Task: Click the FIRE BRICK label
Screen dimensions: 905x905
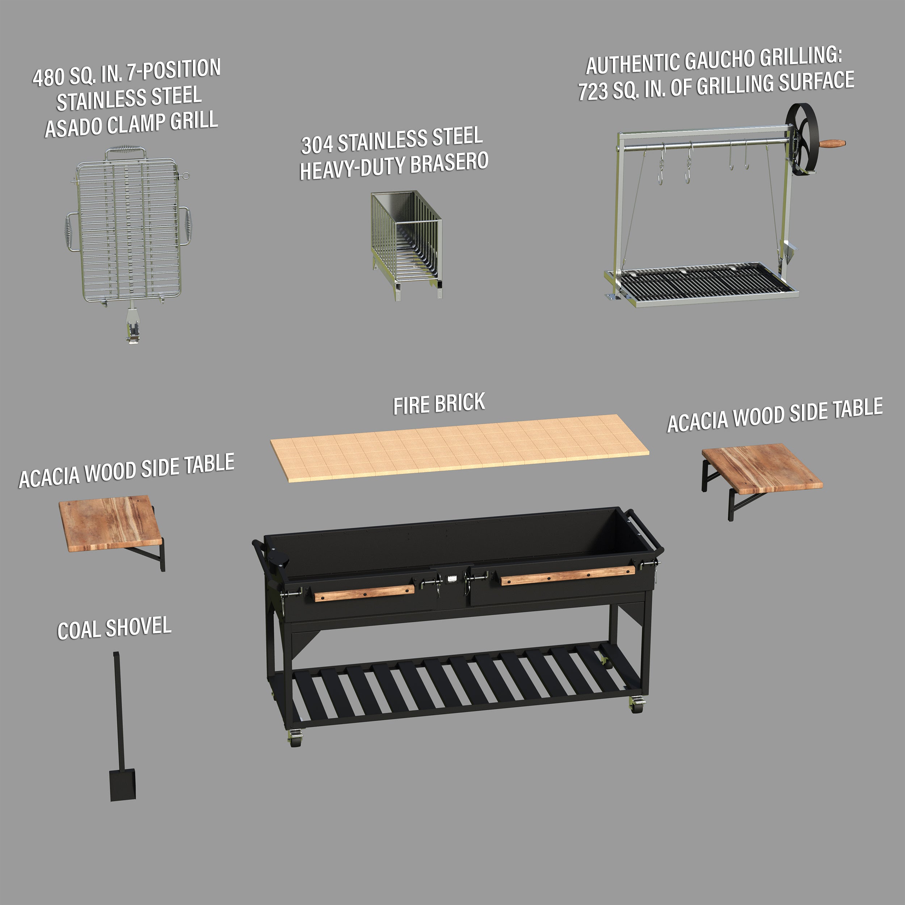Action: coord(439,404)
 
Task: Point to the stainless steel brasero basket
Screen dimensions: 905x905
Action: coord(406,244)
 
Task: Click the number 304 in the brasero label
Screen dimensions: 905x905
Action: coord(317,145)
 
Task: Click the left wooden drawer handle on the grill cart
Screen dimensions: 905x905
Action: coord(364,593)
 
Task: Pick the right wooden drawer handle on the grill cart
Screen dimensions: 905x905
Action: coord(568,575)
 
